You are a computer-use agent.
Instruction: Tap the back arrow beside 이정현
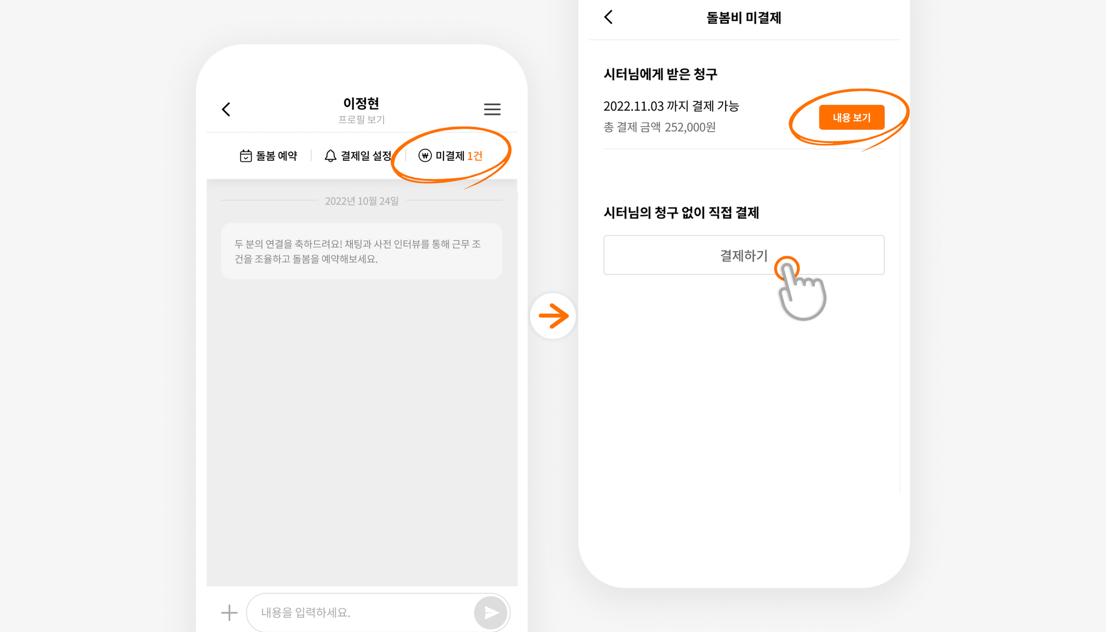(x=226, y=109)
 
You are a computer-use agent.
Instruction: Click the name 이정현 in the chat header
(x=361, y=103)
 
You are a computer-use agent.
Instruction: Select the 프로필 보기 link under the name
(x=361, y=119)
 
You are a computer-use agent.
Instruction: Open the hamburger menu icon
(x=492, y=109)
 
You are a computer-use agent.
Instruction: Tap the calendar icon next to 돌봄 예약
(x=246, y=156)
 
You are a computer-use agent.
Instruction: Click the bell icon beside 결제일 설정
(x=330, y=156)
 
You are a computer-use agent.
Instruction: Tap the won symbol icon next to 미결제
(x=425, y=156)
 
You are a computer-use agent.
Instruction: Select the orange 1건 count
(x=475, y=156)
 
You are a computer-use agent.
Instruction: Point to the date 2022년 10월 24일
(x=362, y=201)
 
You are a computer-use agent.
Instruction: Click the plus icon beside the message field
(x=229, y=612)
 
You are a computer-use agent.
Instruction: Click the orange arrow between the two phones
(x=554, y=316)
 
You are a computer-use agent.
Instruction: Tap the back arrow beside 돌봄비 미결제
(x=608, y=17)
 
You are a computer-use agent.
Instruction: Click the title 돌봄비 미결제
(x=744, y=18)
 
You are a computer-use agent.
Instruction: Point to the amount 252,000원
(x=690, y=127)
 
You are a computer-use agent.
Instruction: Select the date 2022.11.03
(x=633, y=106)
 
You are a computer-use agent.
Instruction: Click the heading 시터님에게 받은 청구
(x=660, y=74)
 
